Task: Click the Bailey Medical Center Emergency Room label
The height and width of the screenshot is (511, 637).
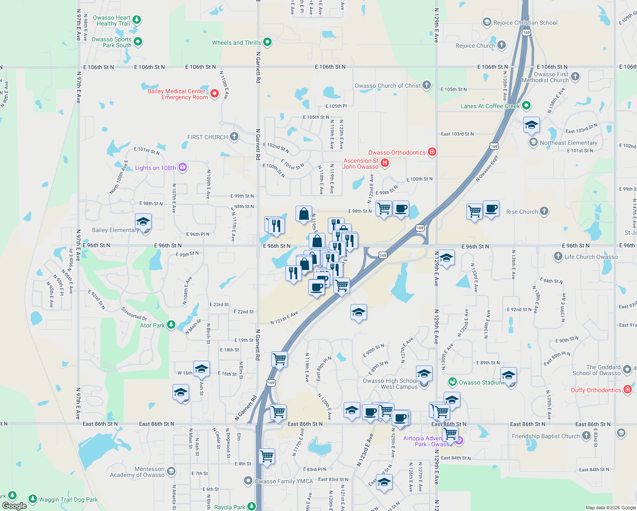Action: (178, 94)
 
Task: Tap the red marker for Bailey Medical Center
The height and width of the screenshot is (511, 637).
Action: (215, 93)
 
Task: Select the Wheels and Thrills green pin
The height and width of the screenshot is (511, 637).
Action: (267, 42)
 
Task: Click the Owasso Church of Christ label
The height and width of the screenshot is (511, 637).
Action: (387, 86)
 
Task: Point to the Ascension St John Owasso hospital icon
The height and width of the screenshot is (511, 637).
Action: (385, 163)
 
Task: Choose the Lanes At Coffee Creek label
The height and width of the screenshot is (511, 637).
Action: (490, 106)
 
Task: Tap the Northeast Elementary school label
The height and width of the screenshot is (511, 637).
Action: (568, 143)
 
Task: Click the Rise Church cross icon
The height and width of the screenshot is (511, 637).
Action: (544, 211)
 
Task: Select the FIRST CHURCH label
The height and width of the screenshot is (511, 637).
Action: (207, 137)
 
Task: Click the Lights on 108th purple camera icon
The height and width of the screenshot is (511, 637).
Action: (183, 167)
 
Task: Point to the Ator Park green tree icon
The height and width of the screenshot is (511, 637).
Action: (171, 325)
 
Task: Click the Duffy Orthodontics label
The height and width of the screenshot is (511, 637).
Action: (596, 390)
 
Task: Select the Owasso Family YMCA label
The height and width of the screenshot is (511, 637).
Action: (284, 481)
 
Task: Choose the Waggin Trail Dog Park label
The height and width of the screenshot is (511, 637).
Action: (68, 500)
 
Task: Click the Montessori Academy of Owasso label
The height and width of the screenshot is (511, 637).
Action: (137, 472)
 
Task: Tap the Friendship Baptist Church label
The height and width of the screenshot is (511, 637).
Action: (546, 436)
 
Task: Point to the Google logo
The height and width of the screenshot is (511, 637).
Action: (14, 505)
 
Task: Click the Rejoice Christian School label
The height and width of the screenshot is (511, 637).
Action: (525, 23)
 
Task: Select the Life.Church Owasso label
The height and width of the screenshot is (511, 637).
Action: (591, 257)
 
